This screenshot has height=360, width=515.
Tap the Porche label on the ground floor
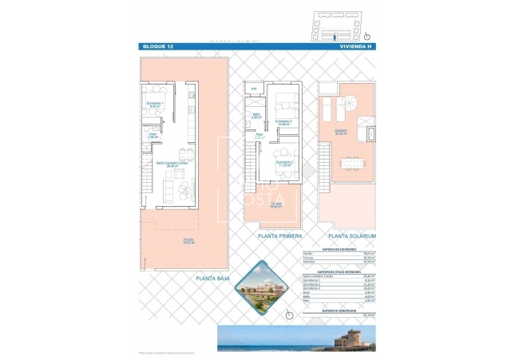click(x=188, y=240)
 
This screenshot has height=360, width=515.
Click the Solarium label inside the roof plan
click(x=341, y=132)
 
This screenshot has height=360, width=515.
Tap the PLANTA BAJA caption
click(x=212, y=279)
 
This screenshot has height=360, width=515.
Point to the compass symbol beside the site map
click(x=366, y=35)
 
